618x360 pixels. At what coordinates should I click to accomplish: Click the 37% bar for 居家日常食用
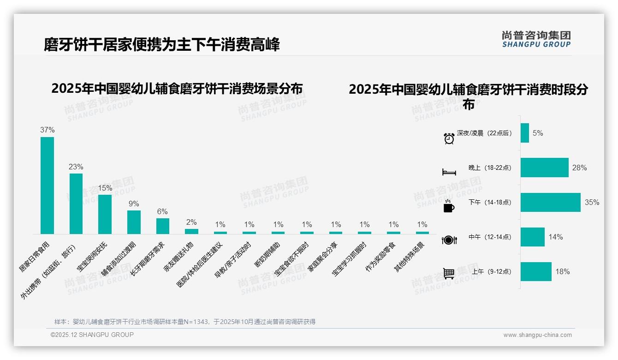[47, 185]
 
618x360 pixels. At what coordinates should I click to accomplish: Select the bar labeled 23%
[76, 204]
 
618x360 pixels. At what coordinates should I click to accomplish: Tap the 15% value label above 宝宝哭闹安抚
[105, 188]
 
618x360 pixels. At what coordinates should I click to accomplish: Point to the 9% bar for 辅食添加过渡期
[134, 222]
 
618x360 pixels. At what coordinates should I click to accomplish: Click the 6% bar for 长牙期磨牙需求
[162, 226]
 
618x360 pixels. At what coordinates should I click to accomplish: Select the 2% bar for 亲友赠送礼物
[191, 231]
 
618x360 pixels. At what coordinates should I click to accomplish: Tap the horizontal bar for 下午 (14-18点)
[550, 202]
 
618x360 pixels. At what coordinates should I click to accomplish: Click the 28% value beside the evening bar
[579, 168]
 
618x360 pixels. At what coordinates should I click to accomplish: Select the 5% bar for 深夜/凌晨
[525, 133]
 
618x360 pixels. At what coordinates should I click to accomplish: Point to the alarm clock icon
[449, 138]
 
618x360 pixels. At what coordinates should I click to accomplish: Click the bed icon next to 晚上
[449, 172]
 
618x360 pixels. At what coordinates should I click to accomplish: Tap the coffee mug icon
[449, 206]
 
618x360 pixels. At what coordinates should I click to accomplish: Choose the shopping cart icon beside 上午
[449, 274]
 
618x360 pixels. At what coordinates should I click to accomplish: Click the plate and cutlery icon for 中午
[449, 240]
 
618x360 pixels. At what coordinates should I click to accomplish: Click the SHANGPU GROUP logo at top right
[536, 39]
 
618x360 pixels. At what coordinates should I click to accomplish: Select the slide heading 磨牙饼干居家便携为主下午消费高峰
[161, 45]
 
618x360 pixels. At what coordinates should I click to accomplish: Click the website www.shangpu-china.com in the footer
[537, 335]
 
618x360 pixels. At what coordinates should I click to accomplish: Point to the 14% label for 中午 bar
[555, 237]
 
